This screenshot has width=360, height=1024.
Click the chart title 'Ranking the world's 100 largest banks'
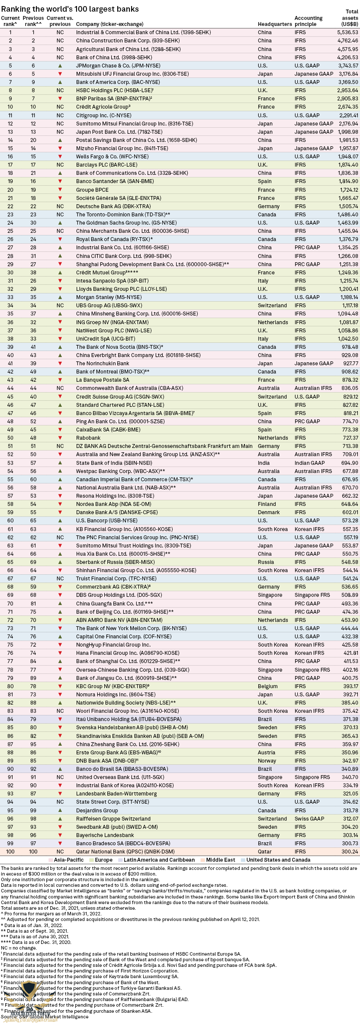coord(70,9)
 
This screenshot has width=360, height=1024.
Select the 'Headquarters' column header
coord(275,24)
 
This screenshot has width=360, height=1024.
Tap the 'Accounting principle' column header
coord(309,21)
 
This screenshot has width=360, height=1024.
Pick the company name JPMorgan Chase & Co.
coord(118,66)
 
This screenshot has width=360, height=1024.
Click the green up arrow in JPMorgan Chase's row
coord(60,66)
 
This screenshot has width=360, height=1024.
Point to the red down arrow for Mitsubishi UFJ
coord(60,74)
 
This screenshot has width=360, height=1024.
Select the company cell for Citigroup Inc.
coord(103,116)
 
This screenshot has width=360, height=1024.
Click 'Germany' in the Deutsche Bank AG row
coord(269,206)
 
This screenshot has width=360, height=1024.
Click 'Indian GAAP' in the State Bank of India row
coord(310,463)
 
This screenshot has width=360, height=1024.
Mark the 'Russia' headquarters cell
coord(266,562)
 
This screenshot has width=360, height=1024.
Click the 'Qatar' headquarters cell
coord(265,852)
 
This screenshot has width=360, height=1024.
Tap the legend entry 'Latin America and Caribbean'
coord(159,860)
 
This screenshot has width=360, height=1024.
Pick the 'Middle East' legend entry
coord(220,860)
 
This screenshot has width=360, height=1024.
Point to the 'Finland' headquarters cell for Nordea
coord(267,504)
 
